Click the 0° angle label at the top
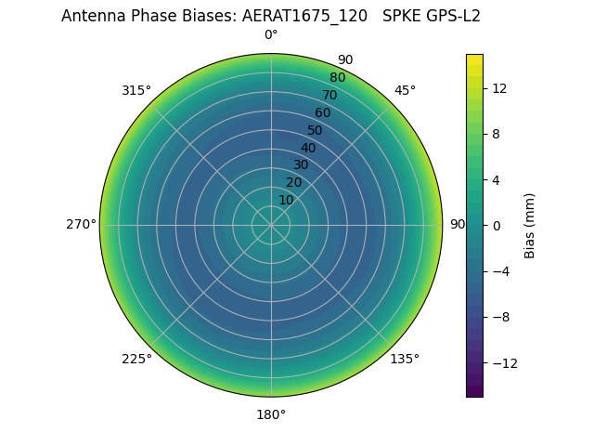(x=271, y=35)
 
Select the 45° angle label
(x=405, y=90)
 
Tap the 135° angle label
(x=404, y=359)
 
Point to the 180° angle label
(x=271, y=414)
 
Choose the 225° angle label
(x=136, y=359)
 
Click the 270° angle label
(x=81, y=224)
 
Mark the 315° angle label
(x=136, y=90)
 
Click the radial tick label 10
(x=286, y=200)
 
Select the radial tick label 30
(x=301, y=164)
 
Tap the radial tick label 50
(x=316, y=130)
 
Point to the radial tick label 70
(x=329, y=95)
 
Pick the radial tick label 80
(x=337, y=78)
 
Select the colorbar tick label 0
(x=496, y=225)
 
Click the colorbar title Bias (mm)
(x=530, y=225)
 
